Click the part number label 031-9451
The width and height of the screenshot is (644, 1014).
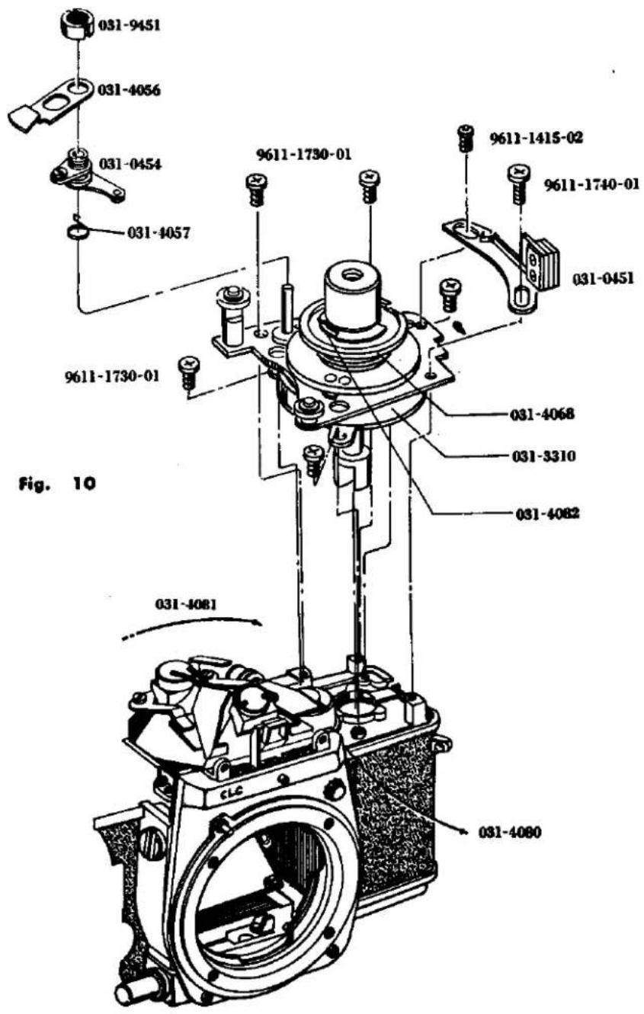pos(129,25)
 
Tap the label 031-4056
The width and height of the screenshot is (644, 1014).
pos(129,91)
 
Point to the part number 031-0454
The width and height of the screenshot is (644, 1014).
pos(130,164)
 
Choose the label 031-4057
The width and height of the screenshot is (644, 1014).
pos(159,234)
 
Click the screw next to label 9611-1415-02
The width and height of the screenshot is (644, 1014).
pos(466,139)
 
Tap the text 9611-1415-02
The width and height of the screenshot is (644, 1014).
pos(536,138)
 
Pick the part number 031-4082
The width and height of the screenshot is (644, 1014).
pos(546,513)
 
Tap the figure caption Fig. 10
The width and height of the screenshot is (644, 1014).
pos(57,484)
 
